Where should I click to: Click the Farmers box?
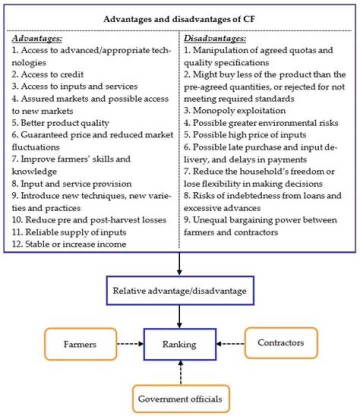80,344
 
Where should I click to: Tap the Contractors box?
280,343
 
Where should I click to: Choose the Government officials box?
180,399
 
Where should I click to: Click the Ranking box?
180,344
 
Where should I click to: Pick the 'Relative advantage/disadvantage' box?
180,290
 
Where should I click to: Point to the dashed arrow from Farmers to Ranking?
130,344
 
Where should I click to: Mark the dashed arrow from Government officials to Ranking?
180,372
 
